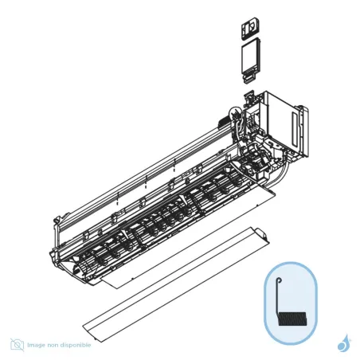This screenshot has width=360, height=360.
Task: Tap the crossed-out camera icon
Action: (x=17, y=344)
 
